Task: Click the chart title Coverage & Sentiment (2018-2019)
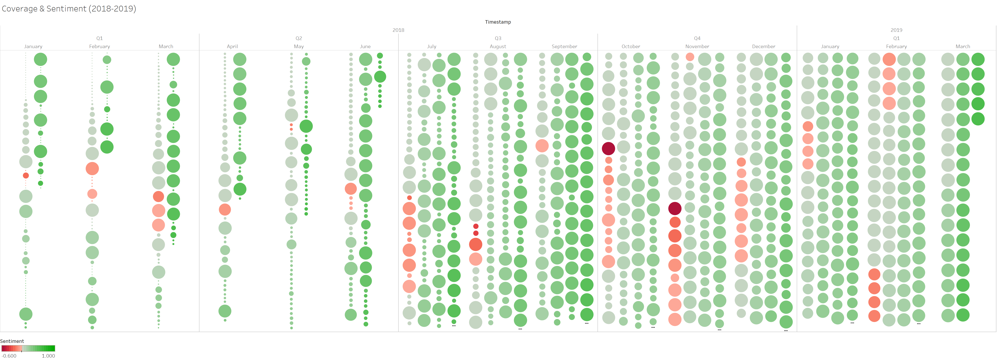[x=69, y=9]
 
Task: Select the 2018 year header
[x=398, y=30]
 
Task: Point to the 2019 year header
[x=896, y=30]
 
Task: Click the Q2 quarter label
[x=299, y=38]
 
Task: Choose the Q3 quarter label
[x=498, y=38]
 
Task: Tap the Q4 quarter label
[x=697, y=38]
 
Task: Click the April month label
[x=232, y=46]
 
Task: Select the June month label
[x=365, y=46]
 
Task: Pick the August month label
[x=498, y=46]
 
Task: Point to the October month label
[x=631, y=46]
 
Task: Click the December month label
[x=764, y=46]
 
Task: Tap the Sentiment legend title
[x=12, y=341]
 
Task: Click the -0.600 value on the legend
[x=9, y=356]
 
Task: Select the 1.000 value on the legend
[x=48, y=356]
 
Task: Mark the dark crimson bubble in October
[x=609, y=148]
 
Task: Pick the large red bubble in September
[x=542, y=146]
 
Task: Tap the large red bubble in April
[x=225, y=209]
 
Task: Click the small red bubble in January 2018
[x=26, y=175]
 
